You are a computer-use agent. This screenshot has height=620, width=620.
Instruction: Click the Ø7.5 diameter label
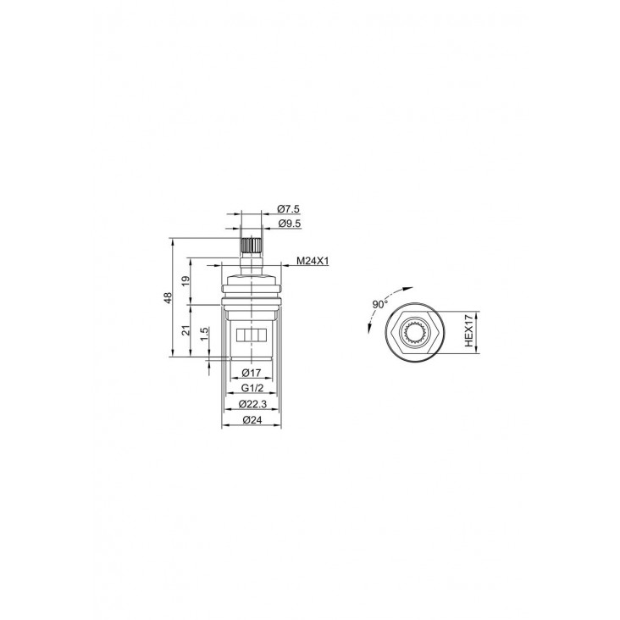pyautogui.click(x=289, y=208)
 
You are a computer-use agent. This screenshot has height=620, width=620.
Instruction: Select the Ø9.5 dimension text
pyautogui.click(x=290, y=224)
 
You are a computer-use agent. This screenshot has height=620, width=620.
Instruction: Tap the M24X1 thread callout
pyautogui.click(x=313, y=261)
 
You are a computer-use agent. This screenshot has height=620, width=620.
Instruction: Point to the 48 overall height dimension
pyautogui.click(x=168, y=298)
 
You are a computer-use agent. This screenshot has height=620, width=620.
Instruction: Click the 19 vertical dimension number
pyautogui.click(x=185, y=281)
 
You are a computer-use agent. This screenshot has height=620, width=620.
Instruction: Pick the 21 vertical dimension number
pyautogui.click(x=185, y=330)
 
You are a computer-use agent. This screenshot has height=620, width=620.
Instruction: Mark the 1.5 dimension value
pyautogui.click(x=204, y=335)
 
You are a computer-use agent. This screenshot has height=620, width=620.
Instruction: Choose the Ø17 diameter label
pyautogui.click(x=252, y=373)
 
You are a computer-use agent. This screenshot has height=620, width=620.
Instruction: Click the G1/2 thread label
pyautogui.click(x=252, y=388)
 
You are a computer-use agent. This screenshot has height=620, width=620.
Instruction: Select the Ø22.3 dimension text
pyautogui.click(x=252, y=404)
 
